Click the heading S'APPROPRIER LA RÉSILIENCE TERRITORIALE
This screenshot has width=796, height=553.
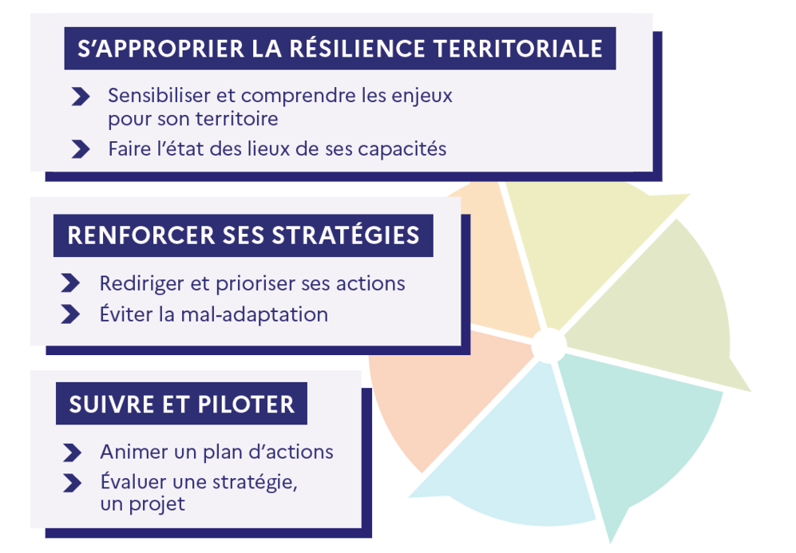(339, 49)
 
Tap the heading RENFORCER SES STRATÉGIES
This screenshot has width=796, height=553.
(244, 235)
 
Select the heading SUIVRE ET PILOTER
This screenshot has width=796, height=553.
(181, 405)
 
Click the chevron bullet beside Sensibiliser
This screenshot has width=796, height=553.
(81, 97)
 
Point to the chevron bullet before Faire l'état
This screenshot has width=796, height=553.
(81, 149)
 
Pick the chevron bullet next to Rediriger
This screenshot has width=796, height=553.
(70, 283)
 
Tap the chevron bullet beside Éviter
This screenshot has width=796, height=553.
(70, 314)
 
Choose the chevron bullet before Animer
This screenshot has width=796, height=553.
(72, 452)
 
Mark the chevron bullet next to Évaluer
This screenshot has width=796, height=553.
(72, 483)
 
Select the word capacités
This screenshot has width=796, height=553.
(402, 149)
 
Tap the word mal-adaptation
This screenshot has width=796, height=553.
(255, 314)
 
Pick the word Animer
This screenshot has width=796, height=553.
(132, 452)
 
